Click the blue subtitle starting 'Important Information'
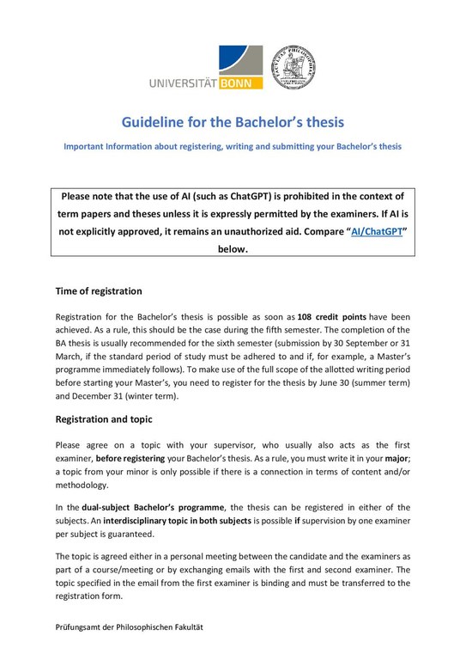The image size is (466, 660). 233,147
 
